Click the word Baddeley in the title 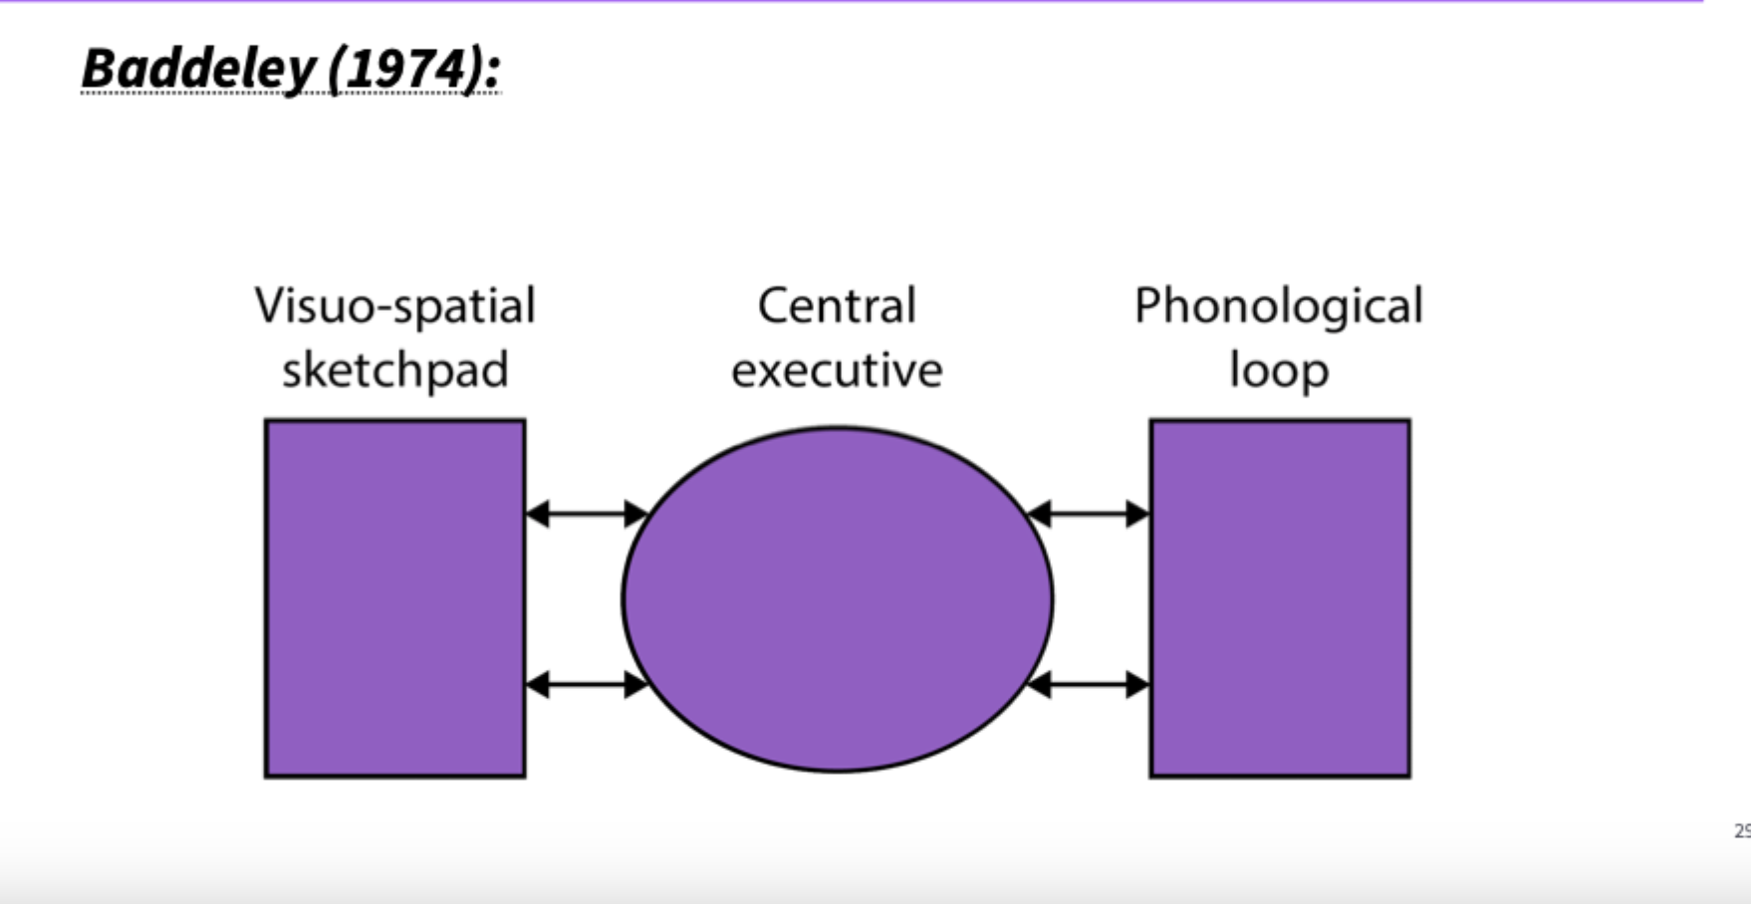point(198,70)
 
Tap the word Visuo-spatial point(394,306)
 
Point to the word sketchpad point(394,370)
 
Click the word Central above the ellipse point(837,306)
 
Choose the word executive point(837,370)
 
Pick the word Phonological point(1278,306)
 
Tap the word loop point(1278,370)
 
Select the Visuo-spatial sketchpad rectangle point(394,598)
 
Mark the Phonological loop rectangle point(1280,598)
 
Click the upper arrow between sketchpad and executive point(587,514)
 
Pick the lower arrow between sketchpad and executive point(587,684)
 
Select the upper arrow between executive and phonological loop point(1088,514)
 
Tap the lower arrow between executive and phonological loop point(1088,684)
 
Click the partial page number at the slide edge point(1742,830)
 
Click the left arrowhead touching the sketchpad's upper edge point(538,514)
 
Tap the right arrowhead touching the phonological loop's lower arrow point(1137,684)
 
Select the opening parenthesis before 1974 point(336,70)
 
